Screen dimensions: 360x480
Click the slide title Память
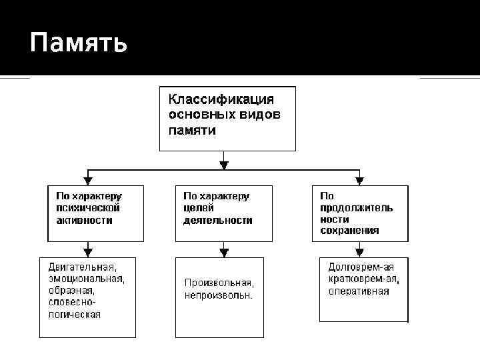pos(78,44)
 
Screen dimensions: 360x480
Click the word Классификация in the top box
pos(221,99)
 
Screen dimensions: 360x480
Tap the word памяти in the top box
pos(191,130)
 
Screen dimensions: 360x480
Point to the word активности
pos(83,220)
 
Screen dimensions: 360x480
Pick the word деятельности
pos(218,220)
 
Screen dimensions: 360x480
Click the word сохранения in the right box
pos(349,231)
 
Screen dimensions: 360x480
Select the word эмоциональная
pos(86,278)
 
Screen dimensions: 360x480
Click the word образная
pos(71,290)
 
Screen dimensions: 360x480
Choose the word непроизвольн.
pos(219,295)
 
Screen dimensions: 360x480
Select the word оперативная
pos(358,291)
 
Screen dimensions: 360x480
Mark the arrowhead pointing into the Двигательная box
pos(88,253)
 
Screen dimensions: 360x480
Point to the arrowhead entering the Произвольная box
pos(224,253)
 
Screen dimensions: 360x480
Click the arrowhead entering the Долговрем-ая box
pos(360,253)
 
